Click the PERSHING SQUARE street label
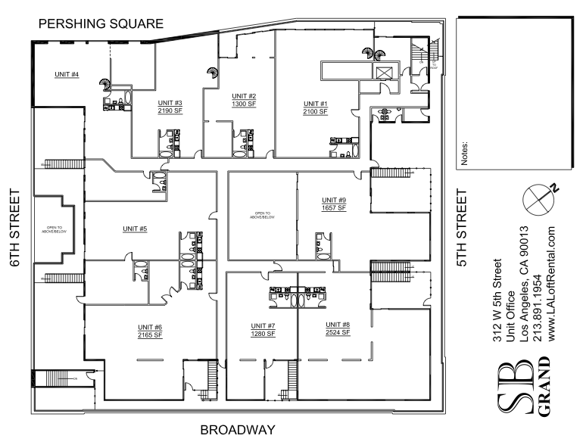pos(101,24)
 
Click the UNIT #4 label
pos(67,74)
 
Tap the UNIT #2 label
pos(244,96)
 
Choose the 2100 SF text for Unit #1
pos(315,111)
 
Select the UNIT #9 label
pos(334,200)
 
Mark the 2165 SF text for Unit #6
pos(150,334)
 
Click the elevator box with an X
pos(384,73)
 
